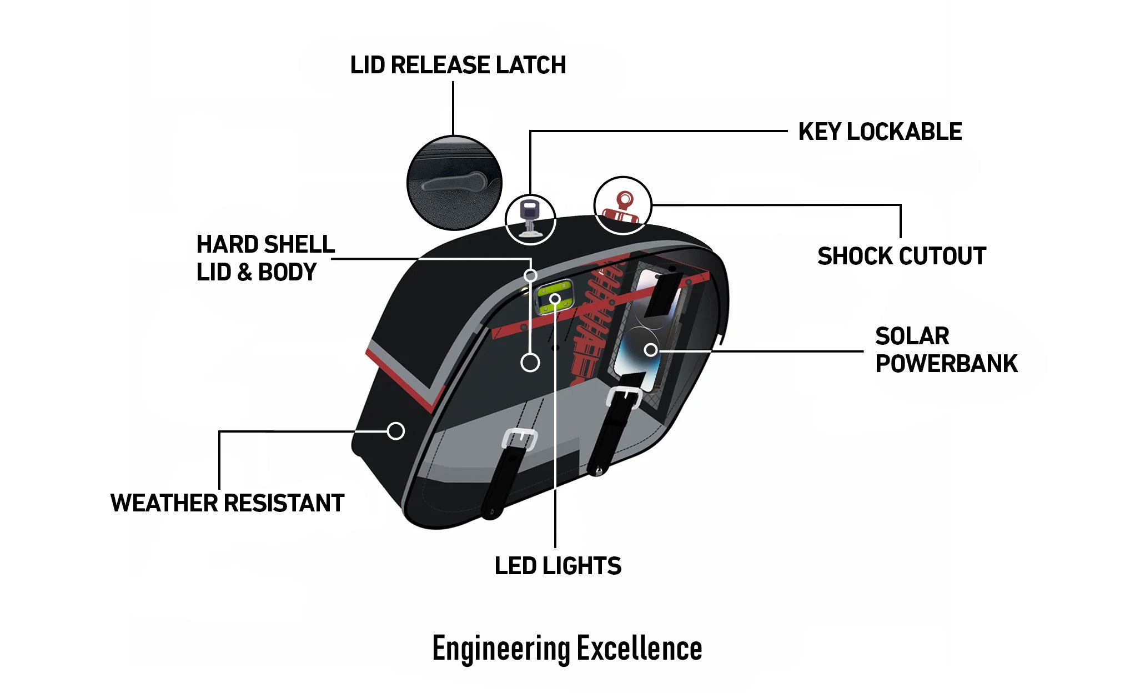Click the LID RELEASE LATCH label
[458, 65]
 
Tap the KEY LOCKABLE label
[880, 132]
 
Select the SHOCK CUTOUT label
[901, 257]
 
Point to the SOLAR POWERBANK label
[946, 350]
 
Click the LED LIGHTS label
[558, 566]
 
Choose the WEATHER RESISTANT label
[227, 503]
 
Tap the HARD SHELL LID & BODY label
[265, 258]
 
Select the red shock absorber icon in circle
[622, 207]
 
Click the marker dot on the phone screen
[651, 350]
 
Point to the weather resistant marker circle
[395, 431]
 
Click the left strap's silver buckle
[520, 439]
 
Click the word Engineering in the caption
[501, 649]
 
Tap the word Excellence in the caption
[639, 649]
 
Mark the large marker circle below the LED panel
[530, 363]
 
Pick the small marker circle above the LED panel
[530, 275]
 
